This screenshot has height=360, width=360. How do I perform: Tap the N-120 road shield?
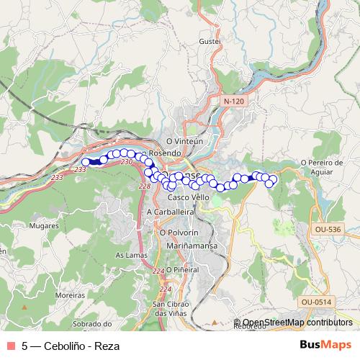pos(234,102)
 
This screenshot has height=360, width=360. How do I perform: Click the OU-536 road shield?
pos(327,228)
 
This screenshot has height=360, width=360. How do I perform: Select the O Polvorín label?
pos(178,233)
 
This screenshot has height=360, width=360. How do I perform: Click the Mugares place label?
pos(45,225)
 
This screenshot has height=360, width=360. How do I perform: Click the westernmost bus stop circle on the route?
pos(86,163)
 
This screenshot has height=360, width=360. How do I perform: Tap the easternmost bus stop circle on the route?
pos(273,179)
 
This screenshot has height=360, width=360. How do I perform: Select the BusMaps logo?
pos(325,345)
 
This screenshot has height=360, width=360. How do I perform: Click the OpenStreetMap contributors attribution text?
pos(297,323)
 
